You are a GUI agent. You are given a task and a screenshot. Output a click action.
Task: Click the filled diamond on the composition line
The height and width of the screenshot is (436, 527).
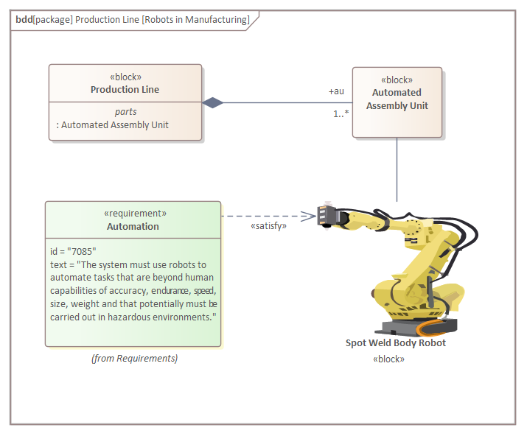click(x=213, y=102)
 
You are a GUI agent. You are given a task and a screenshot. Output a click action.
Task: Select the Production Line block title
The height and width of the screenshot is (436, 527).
click(x=125, y=90)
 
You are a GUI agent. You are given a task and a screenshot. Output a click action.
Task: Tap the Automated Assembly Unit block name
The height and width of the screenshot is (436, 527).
click(x=397, y=99)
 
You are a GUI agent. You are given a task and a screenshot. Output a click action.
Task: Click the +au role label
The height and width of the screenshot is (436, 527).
click(x=336, y=91)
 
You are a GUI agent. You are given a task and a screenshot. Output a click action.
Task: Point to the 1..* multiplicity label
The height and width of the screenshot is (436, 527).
click(x=341, y=113)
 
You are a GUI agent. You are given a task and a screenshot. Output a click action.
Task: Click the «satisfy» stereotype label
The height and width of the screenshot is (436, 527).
click(x=268, y=226)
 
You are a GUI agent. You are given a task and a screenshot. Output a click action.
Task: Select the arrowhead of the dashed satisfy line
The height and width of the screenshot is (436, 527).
click(x=310, y=216)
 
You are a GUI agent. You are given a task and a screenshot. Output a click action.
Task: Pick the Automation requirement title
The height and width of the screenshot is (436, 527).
click(x=133, y=226)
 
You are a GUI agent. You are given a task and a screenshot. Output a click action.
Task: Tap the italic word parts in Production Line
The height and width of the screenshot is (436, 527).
click(x=125, y=112)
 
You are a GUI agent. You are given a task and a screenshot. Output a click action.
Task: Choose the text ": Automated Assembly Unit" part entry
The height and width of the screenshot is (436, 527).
click(x=112, y=125)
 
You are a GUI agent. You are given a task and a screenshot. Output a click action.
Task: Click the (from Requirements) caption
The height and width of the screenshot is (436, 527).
click(x=134, y=359)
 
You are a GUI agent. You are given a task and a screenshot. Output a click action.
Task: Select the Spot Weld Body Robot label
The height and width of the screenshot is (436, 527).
click(x=396, y=343)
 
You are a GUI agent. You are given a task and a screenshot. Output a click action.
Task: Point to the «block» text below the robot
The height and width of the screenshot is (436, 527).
click(x=389, y=359)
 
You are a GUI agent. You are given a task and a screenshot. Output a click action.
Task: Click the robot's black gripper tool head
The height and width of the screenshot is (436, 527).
click(x=327, y=215)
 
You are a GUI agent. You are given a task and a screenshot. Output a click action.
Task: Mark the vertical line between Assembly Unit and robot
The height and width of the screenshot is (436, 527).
click(x=397, y=169)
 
